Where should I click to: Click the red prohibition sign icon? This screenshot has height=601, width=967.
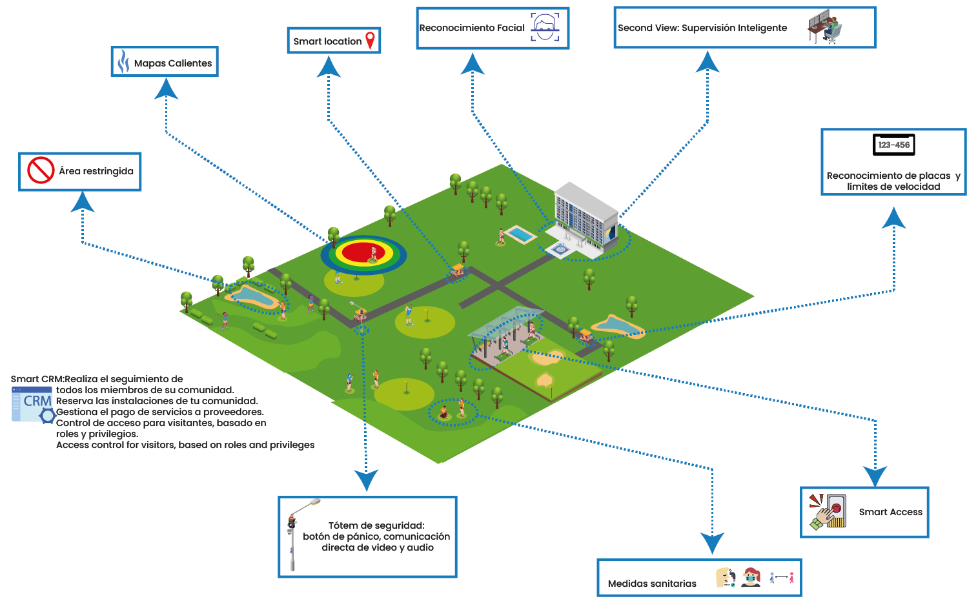click(41, 170)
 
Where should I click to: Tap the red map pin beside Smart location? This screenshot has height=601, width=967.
click(370, 40)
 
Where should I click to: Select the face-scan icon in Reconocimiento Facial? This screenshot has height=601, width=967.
click(545, 26)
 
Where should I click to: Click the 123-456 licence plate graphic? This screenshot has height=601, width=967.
click(893, 145)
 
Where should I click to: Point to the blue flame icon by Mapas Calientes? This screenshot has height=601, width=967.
click(123, 61)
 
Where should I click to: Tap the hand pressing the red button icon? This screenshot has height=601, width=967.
click(828, 512)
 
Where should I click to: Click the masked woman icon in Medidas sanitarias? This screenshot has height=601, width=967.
click(751, 577)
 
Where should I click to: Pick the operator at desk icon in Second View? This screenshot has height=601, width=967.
click(824, 26)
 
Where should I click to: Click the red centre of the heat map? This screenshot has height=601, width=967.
click(363, 252)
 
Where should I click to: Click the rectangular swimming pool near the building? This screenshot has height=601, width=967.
click(520, 234)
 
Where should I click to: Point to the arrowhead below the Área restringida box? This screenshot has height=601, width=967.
click(82, 201)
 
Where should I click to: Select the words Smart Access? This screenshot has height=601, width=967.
click(890, 512)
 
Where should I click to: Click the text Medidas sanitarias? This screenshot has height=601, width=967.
click(652, 584)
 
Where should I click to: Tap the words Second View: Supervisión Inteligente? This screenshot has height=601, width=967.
click(702, 28)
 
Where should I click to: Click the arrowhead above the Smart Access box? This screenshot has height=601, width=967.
click(875, 476)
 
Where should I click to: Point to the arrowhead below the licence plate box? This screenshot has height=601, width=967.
click(893, 218)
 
